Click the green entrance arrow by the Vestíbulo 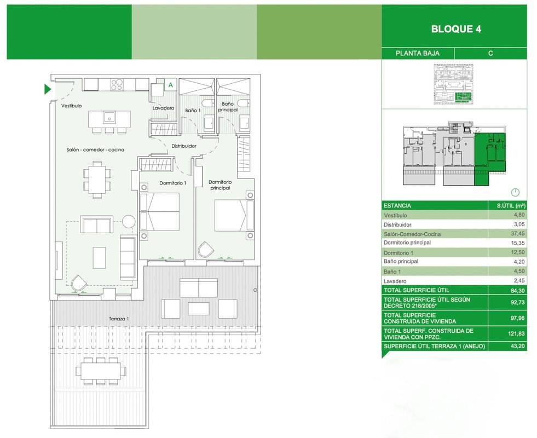click(47, 89)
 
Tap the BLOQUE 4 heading click(456, 29)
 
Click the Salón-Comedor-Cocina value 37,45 click(517, 234)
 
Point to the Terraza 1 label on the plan click(119, 319)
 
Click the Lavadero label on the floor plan click(163, 108)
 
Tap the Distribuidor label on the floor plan click(184, 146)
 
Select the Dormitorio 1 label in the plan click(172, 183)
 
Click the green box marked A click(171, 84)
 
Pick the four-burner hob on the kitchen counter click(117, 84)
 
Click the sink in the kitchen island click(109, 117)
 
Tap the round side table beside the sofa click(129, 221)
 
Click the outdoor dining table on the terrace click(101, 371)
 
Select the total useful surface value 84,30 click(517, 290)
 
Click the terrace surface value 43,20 click(517, 346)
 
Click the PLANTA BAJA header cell click(418, 54)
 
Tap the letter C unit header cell click(490, 54)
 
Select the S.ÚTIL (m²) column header click(511, 205)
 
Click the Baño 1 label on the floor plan click(193, 110)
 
